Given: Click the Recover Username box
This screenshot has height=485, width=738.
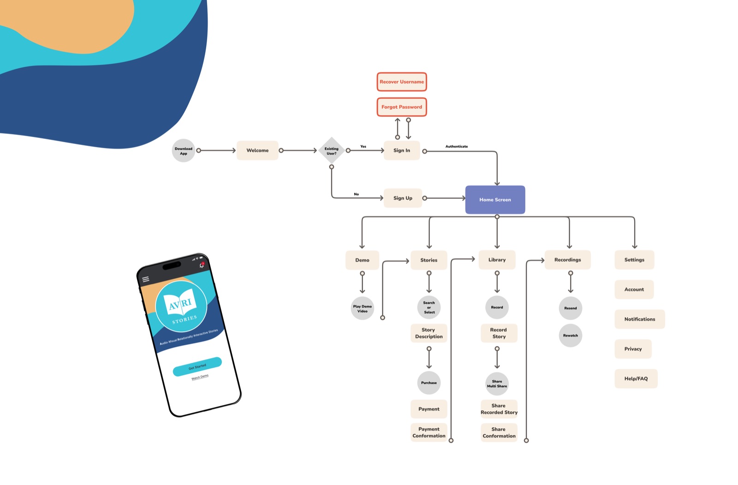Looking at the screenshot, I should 401,82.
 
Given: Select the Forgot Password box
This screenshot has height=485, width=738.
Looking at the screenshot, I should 401,107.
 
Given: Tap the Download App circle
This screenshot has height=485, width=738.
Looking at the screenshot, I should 184,150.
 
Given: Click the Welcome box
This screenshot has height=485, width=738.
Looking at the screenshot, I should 257,150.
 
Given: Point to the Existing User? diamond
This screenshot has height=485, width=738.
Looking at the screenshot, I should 331,150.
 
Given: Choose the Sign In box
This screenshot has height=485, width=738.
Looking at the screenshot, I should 401,150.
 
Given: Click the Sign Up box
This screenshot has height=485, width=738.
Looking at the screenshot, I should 403,198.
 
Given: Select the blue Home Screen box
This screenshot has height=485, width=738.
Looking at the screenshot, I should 495,200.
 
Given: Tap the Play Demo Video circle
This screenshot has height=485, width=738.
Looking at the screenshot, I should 363,309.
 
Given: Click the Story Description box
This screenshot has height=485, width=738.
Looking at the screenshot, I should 429,333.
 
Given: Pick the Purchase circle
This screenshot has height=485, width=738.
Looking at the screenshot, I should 429,383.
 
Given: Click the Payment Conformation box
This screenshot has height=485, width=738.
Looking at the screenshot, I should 429,432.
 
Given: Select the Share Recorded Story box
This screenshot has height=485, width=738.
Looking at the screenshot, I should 499,409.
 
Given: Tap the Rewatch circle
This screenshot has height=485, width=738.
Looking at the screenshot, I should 571,335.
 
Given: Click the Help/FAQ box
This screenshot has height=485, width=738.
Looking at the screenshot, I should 636,379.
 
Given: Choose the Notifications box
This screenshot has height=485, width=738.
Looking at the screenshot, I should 639,319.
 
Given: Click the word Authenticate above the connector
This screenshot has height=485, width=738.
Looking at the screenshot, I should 457,146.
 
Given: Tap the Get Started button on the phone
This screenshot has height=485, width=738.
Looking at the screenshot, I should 197,367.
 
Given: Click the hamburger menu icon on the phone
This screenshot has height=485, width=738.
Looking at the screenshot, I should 146,279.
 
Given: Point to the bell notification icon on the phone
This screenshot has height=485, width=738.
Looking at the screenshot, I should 202,265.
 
